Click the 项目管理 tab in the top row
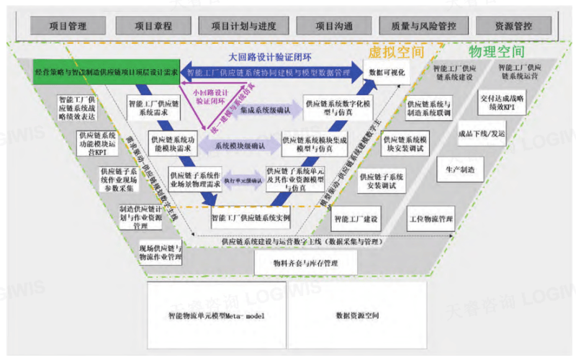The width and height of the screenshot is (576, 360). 67,26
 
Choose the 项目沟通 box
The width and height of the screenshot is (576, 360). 333,26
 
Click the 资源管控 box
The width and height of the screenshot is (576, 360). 512,26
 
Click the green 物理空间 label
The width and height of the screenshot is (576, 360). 497,53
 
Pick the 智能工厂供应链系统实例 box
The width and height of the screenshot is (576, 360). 251,215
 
